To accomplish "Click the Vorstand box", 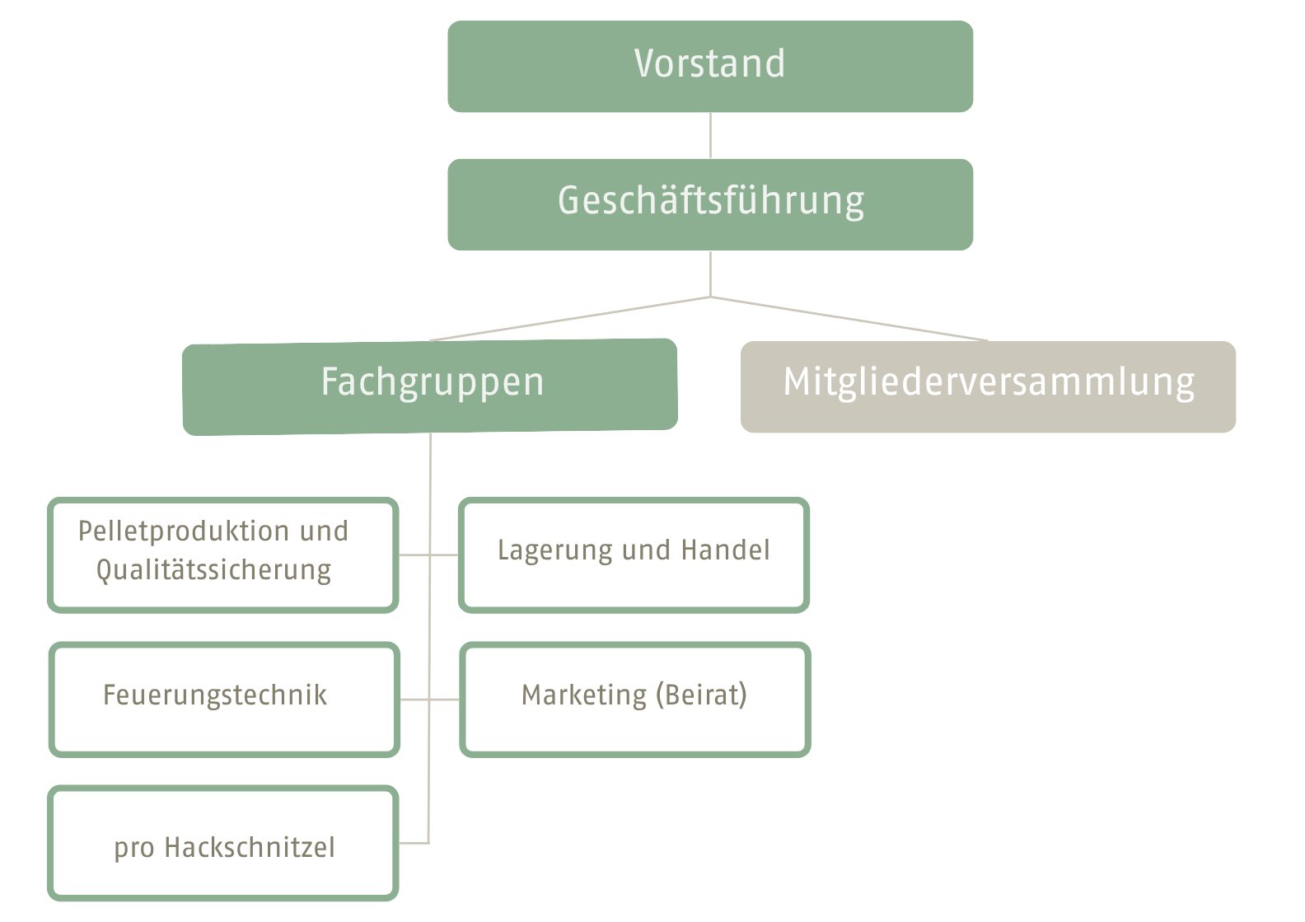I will [x=709, y=66].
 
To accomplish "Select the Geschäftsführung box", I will [x=709, y=204].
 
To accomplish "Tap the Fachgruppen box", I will [x=430, y=386].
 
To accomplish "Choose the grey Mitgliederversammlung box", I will [x=988, y=386].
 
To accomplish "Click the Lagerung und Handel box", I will [x=634, y=555].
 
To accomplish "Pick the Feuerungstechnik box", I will [x=224, y=699].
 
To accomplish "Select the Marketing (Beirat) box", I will [x=634, y=699].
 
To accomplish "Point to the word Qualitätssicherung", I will [x=213, y=570].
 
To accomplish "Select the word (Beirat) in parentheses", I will [x=702, y=695].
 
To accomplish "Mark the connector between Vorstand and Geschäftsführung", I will [x=710, y=135].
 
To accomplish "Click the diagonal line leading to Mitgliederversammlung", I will [x=849, y=319].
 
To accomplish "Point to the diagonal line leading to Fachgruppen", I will [x=570, y=319].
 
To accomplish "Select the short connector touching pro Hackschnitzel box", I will [x=414, y=843].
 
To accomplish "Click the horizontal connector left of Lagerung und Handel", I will [x=444, y=555].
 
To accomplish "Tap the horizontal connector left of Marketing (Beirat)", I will [x=444, y=700].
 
